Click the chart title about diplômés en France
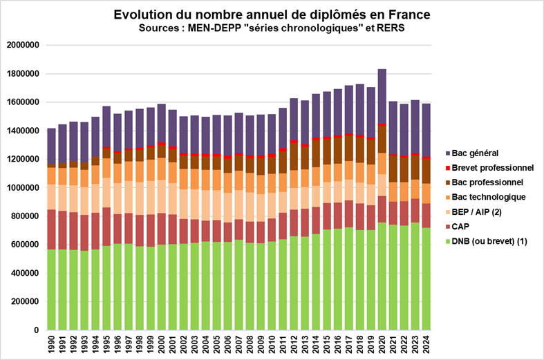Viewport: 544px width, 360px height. tap(271, 15)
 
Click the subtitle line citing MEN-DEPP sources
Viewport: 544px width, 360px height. tap(271, 28)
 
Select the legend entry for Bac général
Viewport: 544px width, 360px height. tap(478, 153)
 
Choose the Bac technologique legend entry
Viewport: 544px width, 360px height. tap(487, 198)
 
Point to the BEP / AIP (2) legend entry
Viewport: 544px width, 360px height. tap(480, 213)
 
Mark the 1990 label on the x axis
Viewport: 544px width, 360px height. tap(52, 344)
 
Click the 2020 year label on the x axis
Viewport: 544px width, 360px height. tap(382, 344)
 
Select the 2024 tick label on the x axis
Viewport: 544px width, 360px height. tap(426, 344)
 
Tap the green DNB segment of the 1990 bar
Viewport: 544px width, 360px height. tap(52, 290)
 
